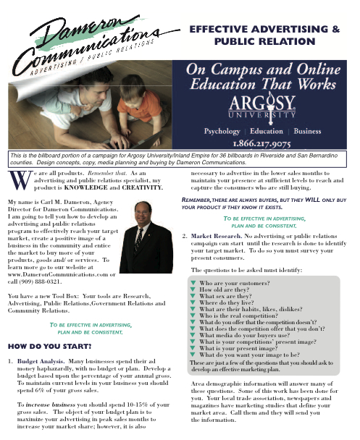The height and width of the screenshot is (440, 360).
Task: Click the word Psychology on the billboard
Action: (x=212, y=132)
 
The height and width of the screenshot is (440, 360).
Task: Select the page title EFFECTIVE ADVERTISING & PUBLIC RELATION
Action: (x=264, y=36)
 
